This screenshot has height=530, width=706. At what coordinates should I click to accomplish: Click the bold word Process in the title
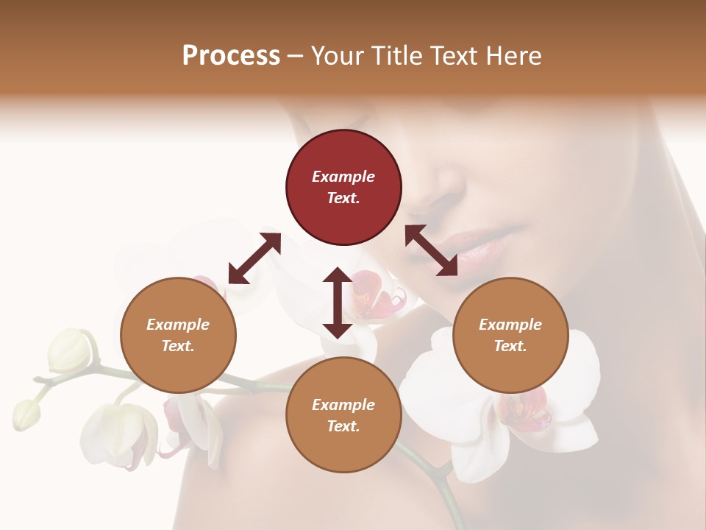tap(231, 56)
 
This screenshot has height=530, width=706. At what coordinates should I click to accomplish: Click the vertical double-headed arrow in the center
tap(338, 303)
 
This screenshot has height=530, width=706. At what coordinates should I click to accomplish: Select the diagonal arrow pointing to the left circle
tap(254, 258)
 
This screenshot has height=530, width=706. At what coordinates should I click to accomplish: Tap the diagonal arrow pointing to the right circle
tap(432, 251)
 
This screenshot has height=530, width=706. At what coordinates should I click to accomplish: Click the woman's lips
tap(478, 247)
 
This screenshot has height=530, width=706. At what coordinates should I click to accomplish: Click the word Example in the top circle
tap(343, 177)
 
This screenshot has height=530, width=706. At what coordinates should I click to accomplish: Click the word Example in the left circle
tap(178, 325)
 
